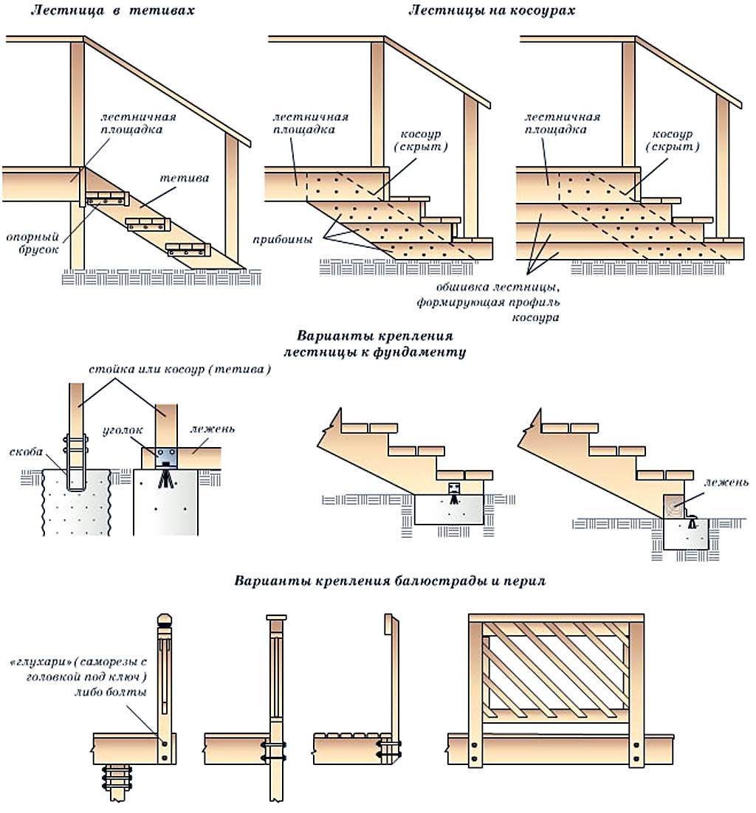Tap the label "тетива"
pyautogui.click(x=185, y=179)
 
